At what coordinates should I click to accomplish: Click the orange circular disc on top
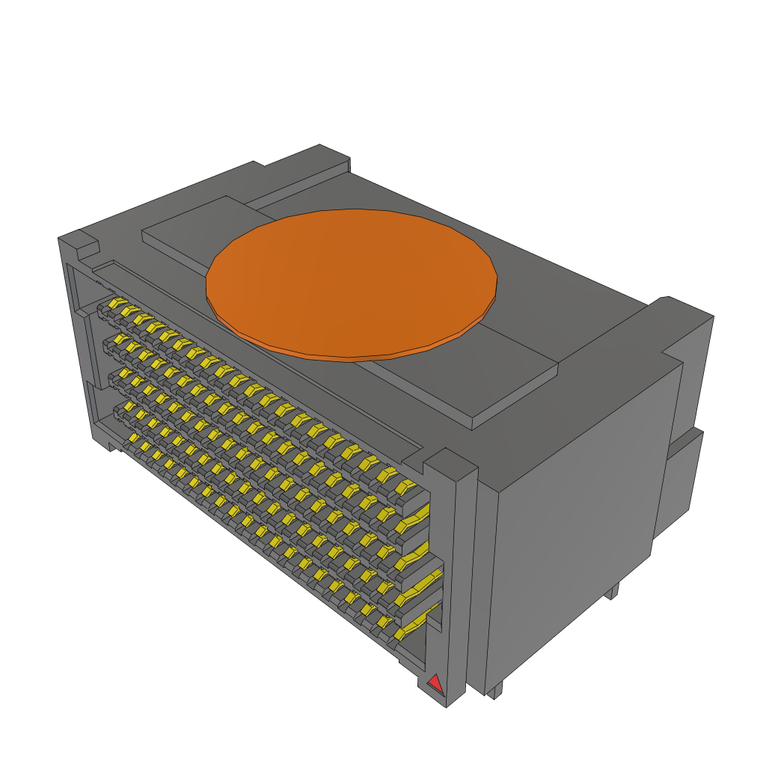(x=352, y=281)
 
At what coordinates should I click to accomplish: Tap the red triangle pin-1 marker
(x=434, y=683)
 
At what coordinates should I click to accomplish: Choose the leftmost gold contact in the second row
(x=118, y=341)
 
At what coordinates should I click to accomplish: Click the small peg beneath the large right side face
(x=612, y=591)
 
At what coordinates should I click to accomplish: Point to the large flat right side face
(x=576, y=509)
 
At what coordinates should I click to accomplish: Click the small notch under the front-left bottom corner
(x=112, y=447)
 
